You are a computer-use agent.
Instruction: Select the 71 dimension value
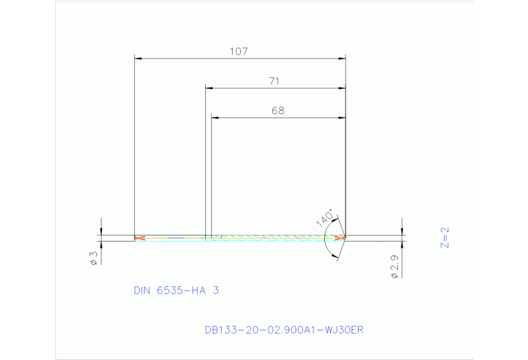274,81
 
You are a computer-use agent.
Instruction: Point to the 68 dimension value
277,110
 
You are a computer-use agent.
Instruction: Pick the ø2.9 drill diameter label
394,266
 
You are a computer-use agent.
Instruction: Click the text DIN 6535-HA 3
176,290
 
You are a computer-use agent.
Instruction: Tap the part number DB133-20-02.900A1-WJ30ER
284,330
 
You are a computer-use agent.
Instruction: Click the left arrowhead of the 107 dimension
138,59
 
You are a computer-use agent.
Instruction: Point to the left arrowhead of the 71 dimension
210,88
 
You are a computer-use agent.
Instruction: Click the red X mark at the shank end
140,238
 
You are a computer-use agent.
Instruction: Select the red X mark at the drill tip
339,238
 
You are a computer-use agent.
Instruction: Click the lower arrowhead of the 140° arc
334,256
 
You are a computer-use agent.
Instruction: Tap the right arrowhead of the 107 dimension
341,59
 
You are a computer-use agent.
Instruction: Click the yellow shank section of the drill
172,239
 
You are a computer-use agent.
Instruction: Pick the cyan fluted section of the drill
275,239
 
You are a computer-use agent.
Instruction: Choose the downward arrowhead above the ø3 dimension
101,232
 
